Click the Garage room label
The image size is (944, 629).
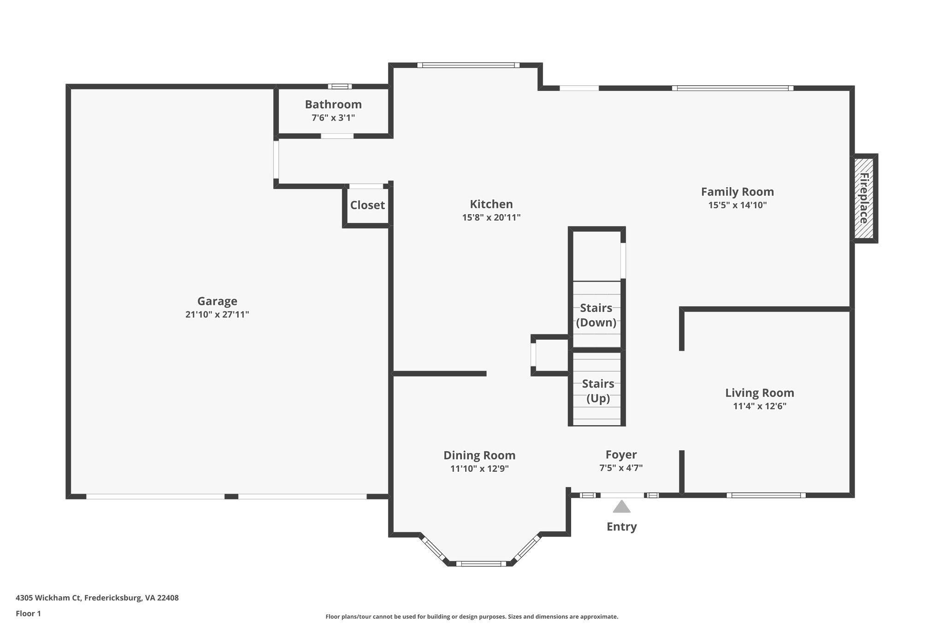click(217, 301)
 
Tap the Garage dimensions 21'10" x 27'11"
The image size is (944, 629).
click(217, 315)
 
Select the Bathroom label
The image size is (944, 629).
click(333, 104)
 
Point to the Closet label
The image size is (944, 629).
click(367, 205)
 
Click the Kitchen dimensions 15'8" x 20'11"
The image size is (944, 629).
click(491, 218)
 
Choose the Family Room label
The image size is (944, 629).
click(737, 192)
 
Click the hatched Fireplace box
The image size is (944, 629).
click(864, 198)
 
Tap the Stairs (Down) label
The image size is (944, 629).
click(596, 315)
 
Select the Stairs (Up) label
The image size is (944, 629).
click(598, 391)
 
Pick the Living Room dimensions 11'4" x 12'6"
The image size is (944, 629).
click(760, 406)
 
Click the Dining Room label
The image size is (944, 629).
click(479, 455)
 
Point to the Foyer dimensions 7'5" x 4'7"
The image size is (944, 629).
click(621, 468)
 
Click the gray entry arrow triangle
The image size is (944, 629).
click(621, 507)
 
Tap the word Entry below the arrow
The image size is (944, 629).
click(622, 527)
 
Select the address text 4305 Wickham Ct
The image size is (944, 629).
click(48, 598)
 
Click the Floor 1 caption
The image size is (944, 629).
click(29, 614)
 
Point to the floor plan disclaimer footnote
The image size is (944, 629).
click(472, 617)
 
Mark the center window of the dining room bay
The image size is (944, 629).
click(481, 563)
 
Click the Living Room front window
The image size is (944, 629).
click(766, 495)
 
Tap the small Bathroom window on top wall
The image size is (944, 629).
click(340, 86)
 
